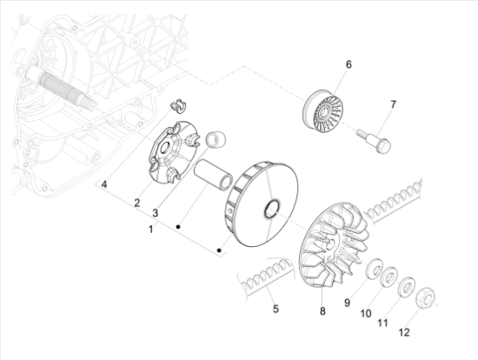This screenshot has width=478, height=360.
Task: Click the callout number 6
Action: point(349,64)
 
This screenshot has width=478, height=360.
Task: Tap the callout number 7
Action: point(392,104)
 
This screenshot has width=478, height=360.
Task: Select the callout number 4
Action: point(103,184)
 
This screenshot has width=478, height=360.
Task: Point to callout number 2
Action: point(136,203)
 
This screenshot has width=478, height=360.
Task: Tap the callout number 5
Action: point(275,308)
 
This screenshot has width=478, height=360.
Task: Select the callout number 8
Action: point(321,310)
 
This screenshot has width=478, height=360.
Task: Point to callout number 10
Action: point(366,312)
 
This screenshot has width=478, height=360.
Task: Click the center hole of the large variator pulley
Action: point(270,209)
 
